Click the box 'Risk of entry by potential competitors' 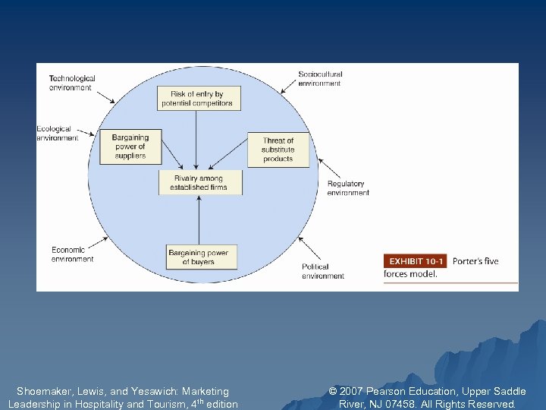199,98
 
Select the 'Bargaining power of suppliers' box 131,146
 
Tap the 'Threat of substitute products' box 278,150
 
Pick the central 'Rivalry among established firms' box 199,182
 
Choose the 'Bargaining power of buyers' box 199,257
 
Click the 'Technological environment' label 72,83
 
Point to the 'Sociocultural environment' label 320,78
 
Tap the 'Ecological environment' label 57,134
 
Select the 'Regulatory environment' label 347,188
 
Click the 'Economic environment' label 73,254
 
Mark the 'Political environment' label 323,271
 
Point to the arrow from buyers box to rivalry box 199,220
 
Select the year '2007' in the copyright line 353,392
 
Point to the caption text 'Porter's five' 475,261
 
